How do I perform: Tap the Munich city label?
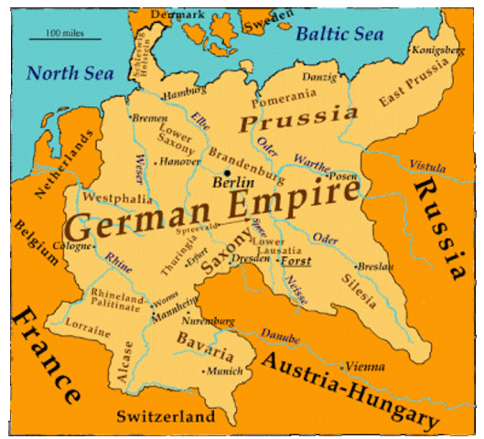224,372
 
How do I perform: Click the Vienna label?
365,366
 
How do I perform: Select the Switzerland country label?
166,417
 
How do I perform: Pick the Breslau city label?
377,266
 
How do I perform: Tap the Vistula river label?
428,167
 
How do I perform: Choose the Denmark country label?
178,14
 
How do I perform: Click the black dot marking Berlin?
227,171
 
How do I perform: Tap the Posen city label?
343,176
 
